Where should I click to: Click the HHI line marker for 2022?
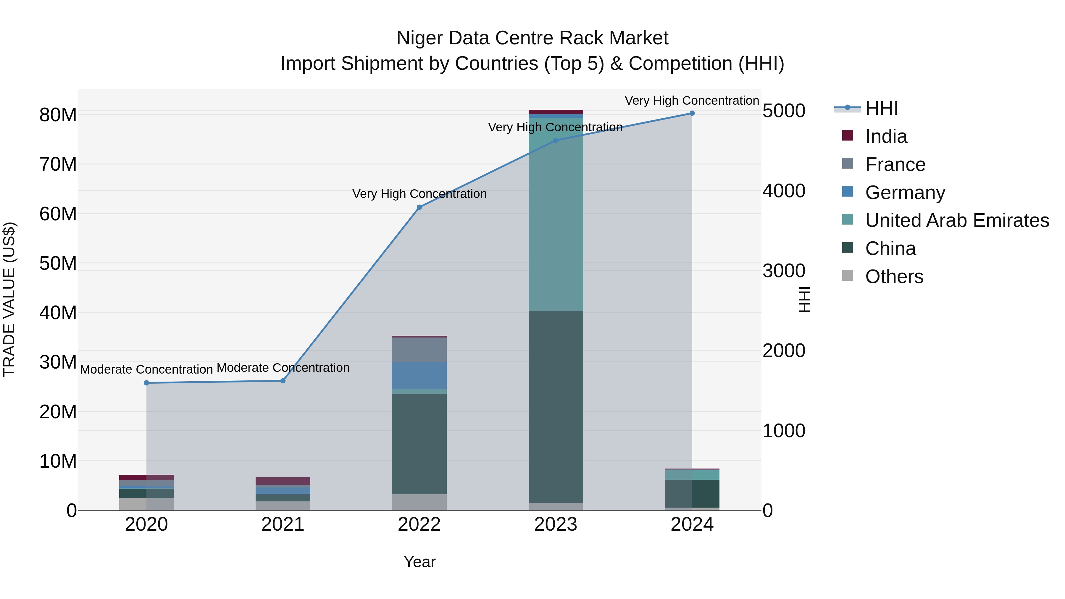pos(419,207)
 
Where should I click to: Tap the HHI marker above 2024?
pos(692,113)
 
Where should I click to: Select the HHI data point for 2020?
pos(146,383)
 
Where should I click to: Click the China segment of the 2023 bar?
pos(556,407)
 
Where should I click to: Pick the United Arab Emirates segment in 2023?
pos(556,215)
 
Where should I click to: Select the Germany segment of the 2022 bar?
pos(419,376)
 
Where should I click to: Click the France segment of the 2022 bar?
pos(419,350)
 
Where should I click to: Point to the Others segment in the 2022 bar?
pos(419,502)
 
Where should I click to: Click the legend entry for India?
pos(886,136)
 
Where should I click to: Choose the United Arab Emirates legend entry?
pos(957,220)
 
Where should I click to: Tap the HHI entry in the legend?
pos(882,108)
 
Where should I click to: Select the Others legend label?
pos(894,277)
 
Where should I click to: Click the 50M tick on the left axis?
pos(58,263)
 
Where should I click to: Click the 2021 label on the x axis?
pos(283,524)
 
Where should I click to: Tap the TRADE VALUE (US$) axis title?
pos(9,299)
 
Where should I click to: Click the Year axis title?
pos(419,562)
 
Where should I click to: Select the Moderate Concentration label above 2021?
pos(283,367)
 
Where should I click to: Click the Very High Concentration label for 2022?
pos(419,193)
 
